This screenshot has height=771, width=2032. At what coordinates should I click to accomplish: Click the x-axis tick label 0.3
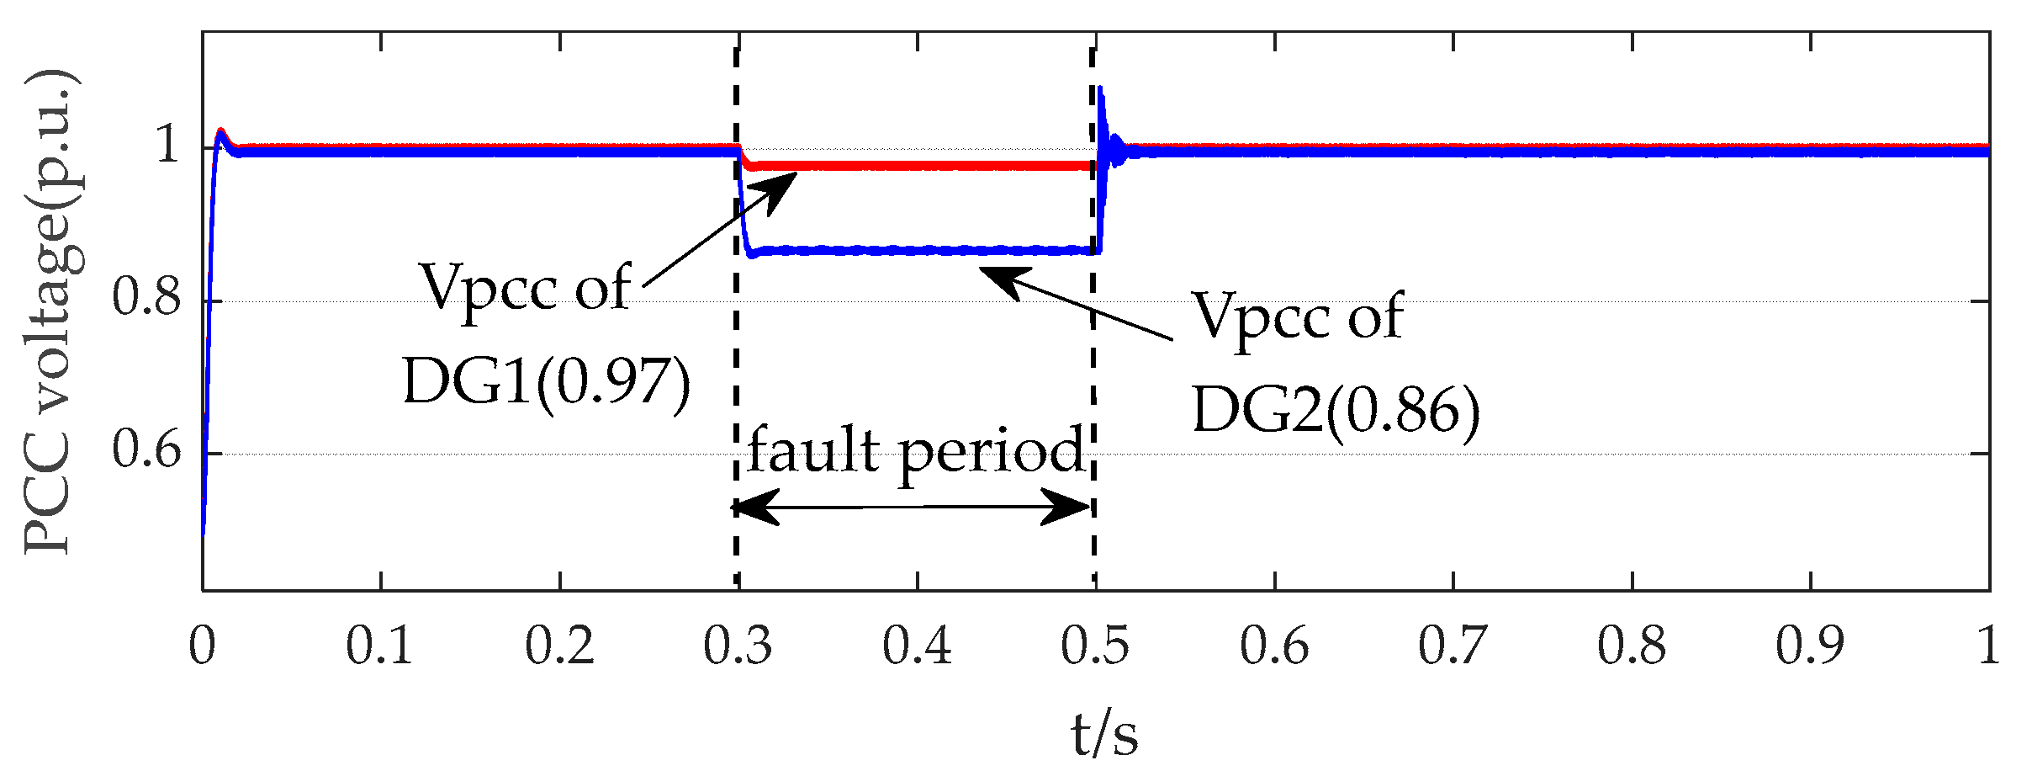(x=738, y=647)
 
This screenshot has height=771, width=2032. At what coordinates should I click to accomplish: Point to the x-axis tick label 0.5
(x=1095, y=647)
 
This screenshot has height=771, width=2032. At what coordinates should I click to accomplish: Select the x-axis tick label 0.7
(x=1453, y=647)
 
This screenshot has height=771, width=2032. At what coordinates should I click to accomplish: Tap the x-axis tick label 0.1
(x=380, y=647)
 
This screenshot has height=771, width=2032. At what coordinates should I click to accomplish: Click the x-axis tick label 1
(x=1988, y=647)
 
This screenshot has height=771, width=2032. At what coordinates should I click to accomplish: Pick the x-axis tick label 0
(x=203, y=647)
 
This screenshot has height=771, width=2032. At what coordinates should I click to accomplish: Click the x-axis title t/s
(x=1104, y=734)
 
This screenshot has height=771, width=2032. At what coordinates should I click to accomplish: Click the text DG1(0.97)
(x=547, y=383)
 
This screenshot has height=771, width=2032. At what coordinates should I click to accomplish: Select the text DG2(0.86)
(x=1336, y=412)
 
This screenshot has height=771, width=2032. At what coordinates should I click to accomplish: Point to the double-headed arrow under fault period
(x=913, y=508)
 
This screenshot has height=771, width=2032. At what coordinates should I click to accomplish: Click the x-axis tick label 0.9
(x=1810, y=647)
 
